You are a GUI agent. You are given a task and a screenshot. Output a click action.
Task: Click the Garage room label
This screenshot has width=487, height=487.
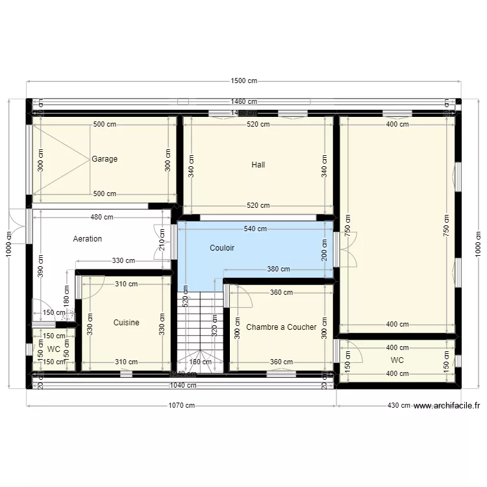pos(105,159)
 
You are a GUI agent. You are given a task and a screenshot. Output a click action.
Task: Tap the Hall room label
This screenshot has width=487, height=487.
pos(258,165)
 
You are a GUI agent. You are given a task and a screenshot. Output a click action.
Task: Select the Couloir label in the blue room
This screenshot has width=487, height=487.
pos(222,248)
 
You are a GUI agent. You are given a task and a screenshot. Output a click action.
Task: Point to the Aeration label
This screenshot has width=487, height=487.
pos(88,239)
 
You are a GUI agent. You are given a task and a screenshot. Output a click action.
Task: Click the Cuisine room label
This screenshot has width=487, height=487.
pos(126,323)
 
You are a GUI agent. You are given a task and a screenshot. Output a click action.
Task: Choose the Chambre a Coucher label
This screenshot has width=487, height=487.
pos(281,327)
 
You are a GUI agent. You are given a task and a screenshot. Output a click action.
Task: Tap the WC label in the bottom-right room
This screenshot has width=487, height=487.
pos(397,360)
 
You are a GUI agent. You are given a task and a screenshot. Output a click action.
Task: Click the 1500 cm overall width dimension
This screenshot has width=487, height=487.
pos(243,81)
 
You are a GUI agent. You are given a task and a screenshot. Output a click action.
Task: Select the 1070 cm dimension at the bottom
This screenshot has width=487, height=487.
pos(181,406)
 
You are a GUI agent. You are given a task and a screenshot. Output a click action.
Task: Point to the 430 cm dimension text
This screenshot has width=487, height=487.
pos(397,406)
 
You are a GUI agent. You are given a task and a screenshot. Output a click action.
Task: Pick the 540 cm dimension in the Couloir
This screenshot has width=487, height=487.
pos(255,229)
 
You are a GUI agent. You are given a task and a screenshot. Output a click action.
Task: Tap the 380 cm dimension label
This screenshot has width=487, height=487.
pos(279,269)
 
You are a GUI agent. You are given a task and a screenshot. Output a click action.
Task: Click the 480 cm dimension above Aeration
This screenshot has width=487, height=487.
pos(102,218)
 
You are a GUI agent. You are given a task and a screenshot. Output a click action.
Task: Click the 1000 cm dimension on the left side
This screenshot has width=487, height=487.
pos(9,244)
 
